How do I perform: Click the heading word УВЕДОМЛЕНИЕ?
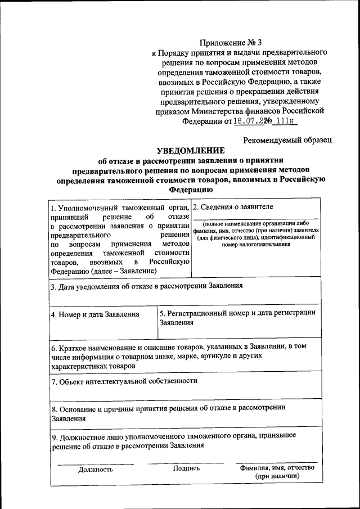(190, 151)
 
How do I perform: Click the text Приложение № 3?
(231, 42)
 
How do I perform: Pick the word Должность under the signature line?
(96, 469)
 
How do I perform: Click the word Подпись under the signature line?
(187, 468)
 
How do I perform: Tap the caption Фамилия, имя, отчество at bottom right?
(277, 468)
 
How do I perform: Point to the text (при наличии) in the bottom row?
(277, 476)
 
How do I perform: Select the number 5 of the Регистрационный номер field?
(162, 312)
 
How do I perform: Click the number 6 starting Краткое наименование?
(53, 348)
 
